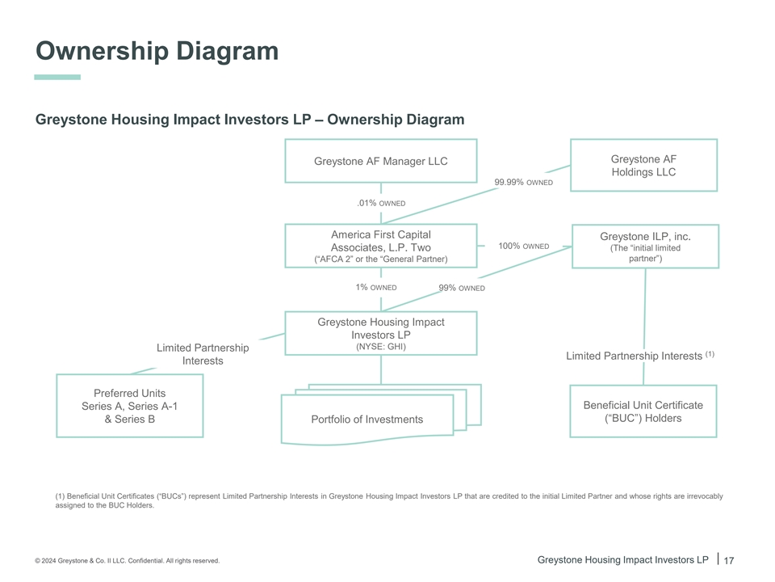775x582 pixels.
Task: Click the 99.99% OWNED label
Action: point(523,182)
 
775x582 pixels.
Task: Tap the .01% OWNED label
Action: point(381,203)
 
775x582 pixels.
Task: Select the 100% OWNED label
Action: point(523,246)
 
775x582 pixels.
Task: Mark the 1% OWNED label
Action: point(376,287)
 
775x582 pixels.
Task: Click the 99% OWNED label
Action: point(462,288)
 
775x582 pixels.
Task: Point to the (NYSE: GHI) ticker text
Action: point(381,347)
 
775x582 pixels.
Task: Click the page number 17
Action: point(729,560)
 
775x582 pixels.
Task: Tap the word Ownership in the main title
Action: point(103,51)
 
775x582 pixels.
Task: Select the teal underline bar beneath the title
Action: point(57,78)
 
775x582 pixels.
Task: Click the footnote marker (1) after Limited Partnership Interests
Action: point(710,354)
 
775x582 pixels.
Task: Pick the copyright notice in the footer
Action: point(127,561)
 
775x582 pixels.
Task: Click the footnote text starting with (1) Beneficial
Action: point(389,500)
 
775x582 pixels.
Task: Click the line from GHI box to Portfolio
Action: point(381,369)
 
